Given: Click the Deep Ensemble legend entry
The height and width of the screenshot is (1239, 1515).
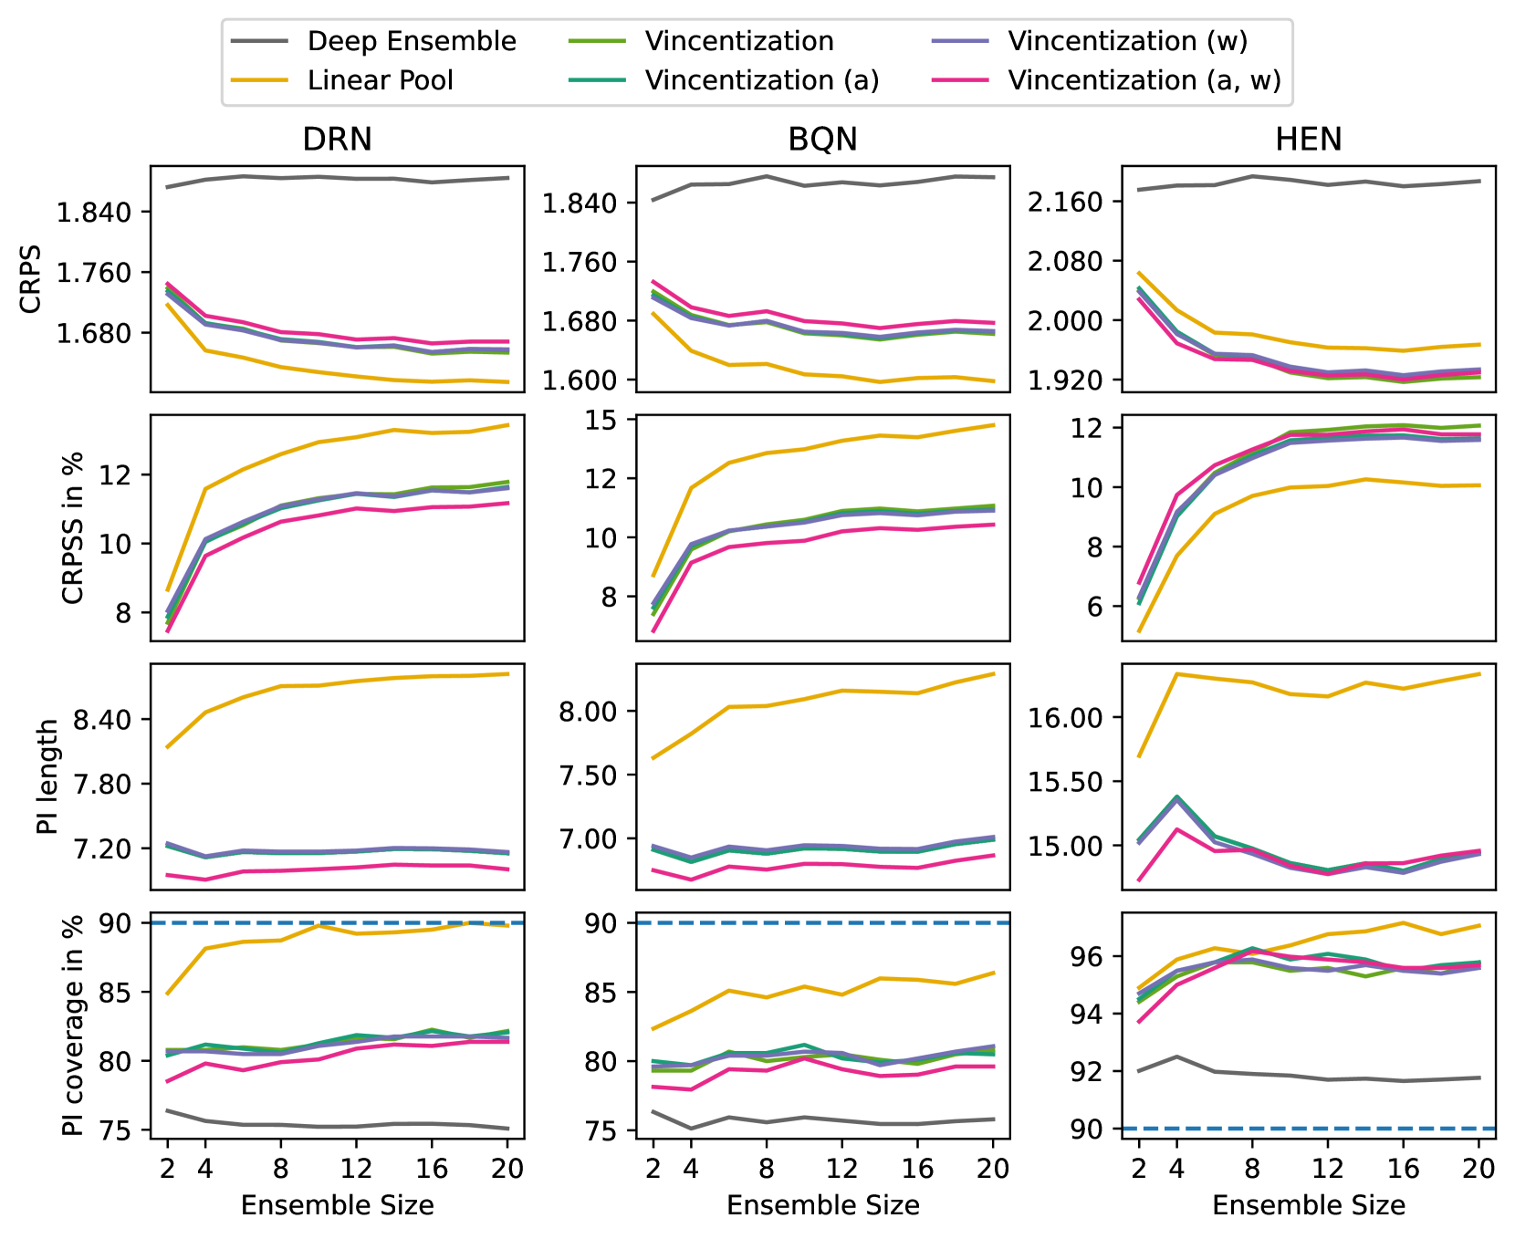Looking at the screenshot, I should click(412, 41).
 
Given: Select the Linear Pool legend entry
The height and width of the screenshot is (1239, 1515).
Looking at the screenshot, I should click(380, 80).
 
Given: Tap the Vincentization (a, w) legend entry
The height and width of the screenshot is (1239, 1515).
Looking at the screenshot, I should click(1144, 80).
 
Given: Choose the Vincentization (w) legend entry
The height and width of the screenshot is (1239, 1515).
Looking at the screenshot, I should click(1127, 41).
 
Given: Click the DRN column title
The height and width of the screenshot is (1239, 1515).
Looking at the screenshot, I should click(337, 140).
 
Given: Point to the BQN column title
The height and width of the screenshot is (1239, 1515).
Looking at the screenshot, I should click(822, 140).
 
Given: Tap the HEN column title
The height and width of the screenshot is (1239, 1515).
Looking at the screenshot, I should click(1308, 140).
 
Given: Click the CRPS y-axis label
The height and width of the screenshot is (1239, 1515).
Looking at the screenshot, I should click(31, 279).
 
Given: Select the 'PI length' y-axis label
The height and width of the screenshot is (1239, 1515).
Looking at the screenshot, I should click(47, 776).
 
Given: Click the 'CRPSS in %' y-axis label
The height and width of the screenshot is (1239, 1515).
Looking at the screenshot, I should click(73, 527).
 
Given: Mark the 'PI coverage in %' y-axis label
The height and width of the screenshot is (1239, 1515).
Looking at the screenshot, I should click(73, 1025).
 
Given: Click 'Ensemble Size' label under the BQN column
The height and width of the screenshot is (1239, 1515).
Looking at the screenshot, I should click(822, 1205).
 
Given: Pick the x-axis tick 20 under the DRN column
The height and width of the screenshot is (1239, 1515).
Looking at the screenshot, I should click(507, 1168).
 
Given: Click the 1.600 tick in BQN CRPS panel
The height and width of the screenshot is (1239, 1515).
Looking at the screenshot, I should click(582, 380).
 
